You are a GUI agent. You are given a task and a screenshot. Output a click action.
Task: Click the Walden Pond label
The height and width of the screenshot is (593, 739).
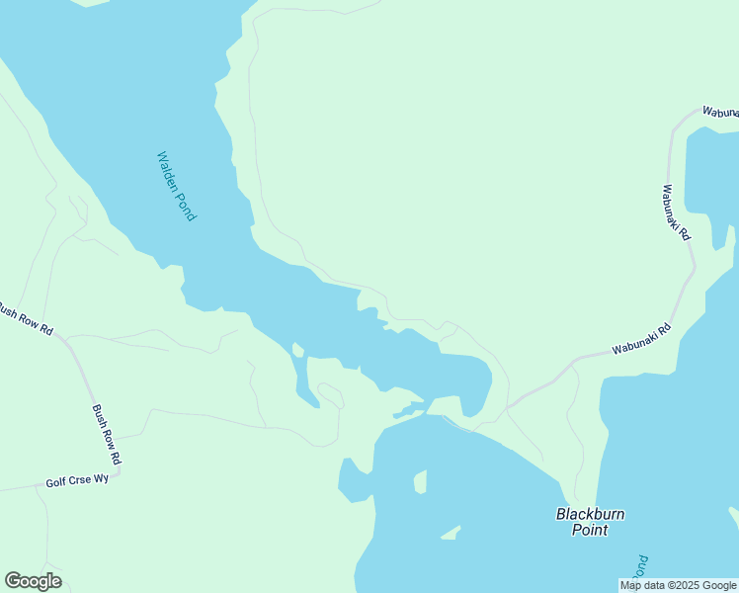[x=177, y=186]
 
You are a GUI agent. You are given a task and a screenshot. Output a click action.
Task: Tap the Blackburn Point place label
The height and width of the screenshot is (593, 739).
[x=590, y=522]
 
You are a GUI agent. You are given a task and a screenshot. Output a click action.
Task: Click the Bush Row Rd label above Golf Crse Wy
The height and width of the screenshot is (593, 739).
[x=108, y=435]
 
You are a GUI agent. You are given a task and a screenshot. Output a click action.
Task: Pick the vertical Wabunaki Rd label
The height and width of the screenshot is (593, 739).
[x=677, y=214]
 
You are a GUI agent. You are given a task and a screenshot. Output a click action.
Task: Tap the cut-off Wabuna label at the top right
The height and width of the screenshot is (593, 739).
[x=719, y=113]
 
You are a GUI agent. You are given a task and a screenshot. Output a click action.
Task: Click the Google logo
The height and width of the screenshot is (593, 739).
[x=33, y=581]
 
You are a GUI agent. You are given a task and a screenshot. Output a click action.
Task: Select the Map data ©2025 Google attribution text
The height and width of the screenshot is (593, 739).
[x=678, y=585]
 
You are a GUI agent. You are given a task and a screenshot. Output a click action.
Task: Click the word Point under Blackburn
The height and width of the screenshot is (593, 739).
[x=590, y=530]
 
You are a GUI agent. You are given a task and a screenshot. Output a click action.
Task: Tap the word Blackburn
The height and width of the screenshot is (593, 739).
[x=590, y=514]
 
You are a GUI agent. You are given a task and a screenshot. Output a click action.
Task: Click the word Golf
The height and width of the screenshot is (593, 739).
[x=56, y=483]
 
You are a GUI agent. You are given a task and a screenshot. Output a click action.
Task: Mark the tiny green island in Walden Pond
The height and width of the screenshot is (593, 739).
[x=296, y=350]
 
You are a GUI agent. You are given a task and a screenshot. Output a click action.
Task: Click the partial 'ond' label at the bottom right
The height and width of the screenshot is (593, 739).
[x=640, y=566]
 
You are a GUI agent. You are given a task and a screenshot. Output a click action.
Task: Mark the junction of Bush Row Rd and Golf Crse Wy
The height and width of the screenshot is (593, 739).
[x=121, y=472]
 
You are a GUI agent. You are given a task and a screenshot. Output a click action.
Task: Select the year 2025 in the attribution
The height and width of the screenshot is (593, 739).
[x=688, y=585]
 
